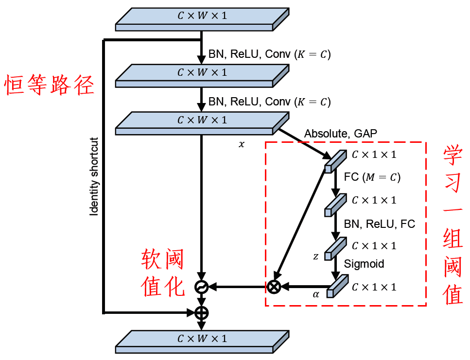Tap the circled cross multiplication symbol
[x=274, y=287]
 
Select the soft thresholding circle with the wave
[x=201, y=287]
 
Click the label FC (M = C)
[x=372, y=177]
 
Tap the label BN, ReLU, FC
[x=380, y=224]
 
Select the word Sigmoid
[x=364, y=264]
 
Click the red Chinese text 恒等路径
[x=49, y=86]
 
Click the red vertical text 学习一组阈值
[x=453, y=225]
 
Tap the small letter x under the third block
[x=241, y=145]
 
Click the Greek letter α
[x=316, y=294]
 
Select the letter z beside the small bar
[x=316, y=256]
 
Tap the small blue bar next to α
[x=338, y=286]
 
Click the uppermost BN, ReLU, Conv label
[x=269, y=54]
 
